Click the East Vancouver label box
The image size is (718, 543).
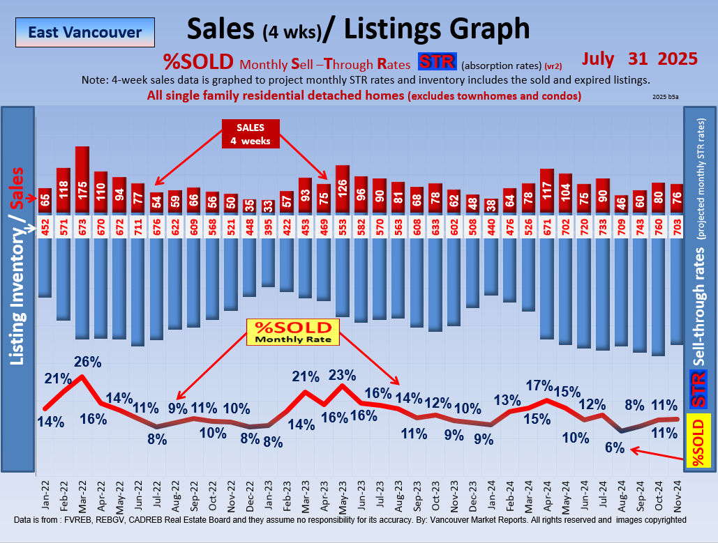85,32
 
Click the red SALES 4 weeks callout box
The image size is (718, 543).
250,133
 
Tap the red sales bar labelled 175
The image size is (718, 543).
82,178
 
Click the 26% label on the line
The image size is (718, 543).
88,362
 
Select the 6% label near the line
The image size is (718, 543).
614,448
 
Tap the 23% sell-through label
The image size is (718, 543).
342,374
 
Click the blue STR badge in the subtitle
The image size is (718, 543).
437,63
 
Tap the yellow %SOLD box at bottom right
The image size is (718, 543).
700,441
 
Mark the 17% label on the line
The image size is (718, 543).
539,385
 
